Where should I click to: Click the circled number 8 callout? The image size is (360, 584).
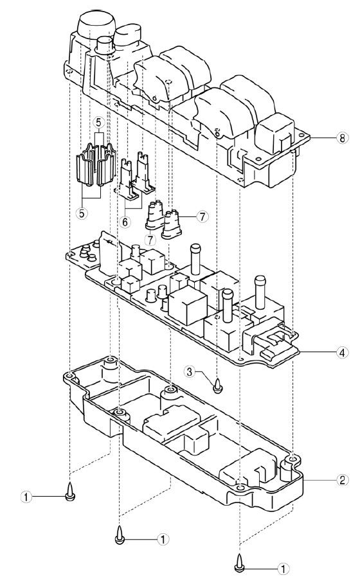342,137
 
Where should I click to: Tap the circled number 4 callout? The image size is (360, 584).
342,352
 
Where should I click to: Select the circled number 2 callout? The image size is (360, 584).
342,480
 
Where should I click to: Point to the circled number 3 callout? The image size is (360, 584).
190,371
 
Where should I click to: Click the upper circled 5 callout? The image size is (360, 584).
98,122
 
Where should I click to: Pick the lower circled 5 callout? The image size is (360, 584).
82,213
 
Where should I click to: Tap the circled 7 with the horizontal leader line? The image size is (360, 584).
203,217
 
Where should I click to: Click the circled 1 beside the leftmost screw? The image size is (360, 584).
26,497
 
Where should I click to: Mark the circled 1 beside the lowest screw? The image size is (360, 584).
284,569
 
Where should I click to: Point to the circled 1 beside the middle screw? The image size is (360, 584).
163,539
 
